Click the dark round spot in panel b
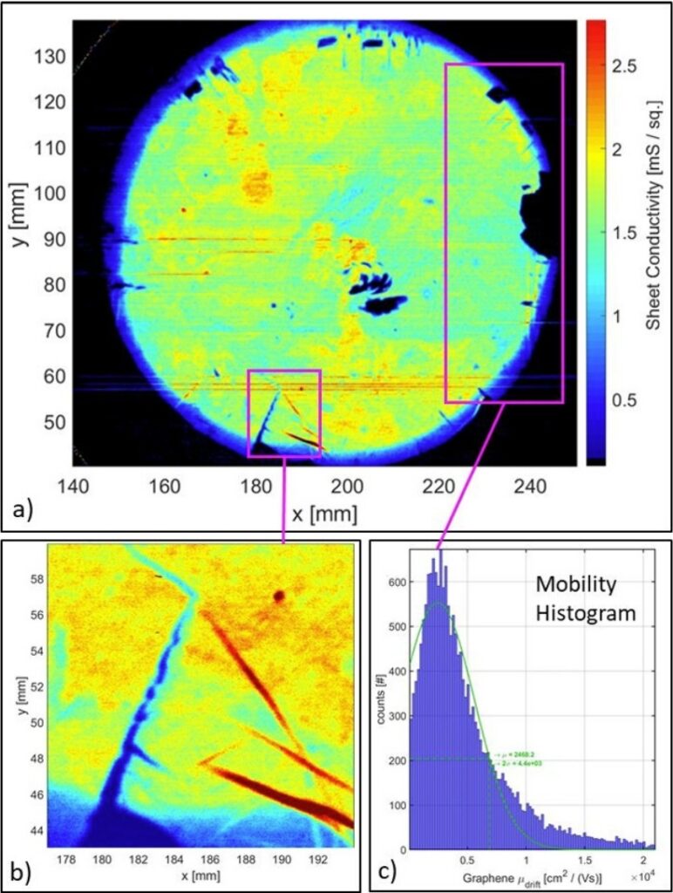(279, 596)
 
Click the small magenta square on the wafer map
(284, 413)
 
